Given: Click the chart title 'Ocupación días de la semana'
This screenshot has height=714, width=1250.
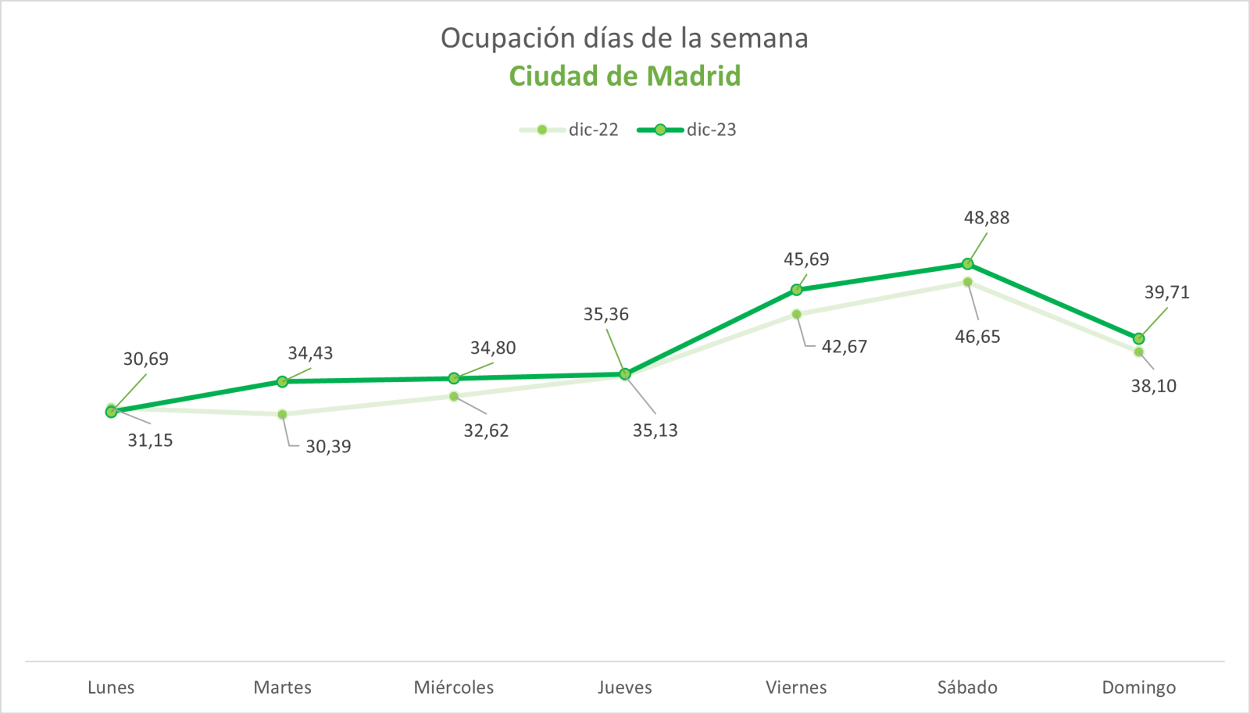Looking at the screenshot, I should (624, 38).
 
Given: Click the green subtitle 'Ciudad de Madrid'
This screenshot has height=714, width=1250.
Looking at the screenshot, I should (624, 76).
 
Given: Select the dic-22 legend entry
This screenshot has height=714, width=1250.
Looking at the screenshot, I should (570, 130).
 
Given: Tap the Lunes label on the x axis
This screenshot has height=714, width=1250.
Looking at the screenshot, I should (111, 687).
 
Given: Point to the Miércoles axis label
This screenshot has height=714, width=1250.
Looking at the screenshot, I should (454, 687).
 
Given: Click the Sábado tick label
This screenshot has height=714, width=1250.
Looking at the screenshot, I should (967, 687).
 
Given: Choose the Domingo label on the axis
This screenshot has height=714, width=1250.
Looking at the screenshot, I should (1138, 687).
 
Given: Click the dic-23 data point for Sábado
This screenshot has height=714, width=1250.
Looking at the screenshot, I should (968, 264).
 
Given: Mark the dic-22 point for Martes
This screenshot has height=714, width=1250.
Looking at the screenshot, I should (282, 414).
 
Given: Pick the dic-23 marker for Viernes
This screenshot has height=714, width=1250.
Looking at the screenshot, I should (796, 290).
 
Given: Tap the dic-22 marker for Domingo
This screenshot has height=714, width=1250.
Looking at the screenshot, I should (1139, 352).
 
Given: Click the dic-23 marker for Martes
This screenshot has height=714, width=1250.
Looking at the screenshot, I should (282, 381).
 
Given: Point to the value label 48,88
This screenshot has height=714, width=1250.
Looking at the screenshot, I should (986, 218).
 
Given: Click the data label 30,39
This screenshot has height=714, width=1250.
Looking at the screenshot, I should (328, 447).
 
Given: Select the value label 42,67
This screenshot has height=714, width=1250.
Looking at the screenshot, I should (844, 347).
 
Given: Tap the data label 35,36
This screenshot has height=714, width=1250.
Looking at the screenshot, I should (605, 314).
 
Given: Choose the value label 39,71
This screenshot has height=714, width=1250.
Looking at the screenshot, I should (1166, 292).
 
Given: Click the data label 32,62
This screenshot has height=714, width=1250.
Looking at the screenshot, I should (486, 430).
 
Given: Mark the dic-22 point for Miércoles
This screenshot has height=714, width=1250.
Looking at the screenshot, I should (454, 396).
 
